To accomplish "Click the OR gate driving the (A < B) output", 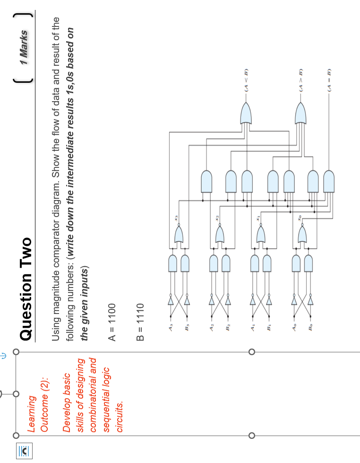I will pos(246,113).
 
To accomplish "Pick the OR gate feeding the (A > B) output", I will pos(300,113).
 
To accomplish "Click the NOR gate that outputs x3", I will pos(178,234).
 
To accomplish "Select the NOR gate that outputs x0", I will pos(301,234).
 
